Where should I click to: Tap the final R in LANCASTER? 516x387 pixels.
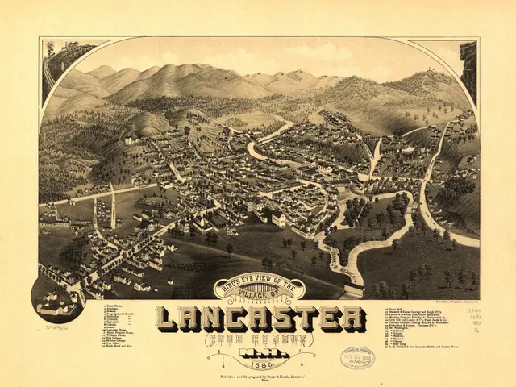[x=350, y=318]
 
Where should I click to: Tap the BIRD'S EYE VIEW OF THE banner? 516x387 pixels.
[x=260, y=283]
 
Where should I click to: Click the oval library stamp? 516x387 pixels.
[x=357, y=357]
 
